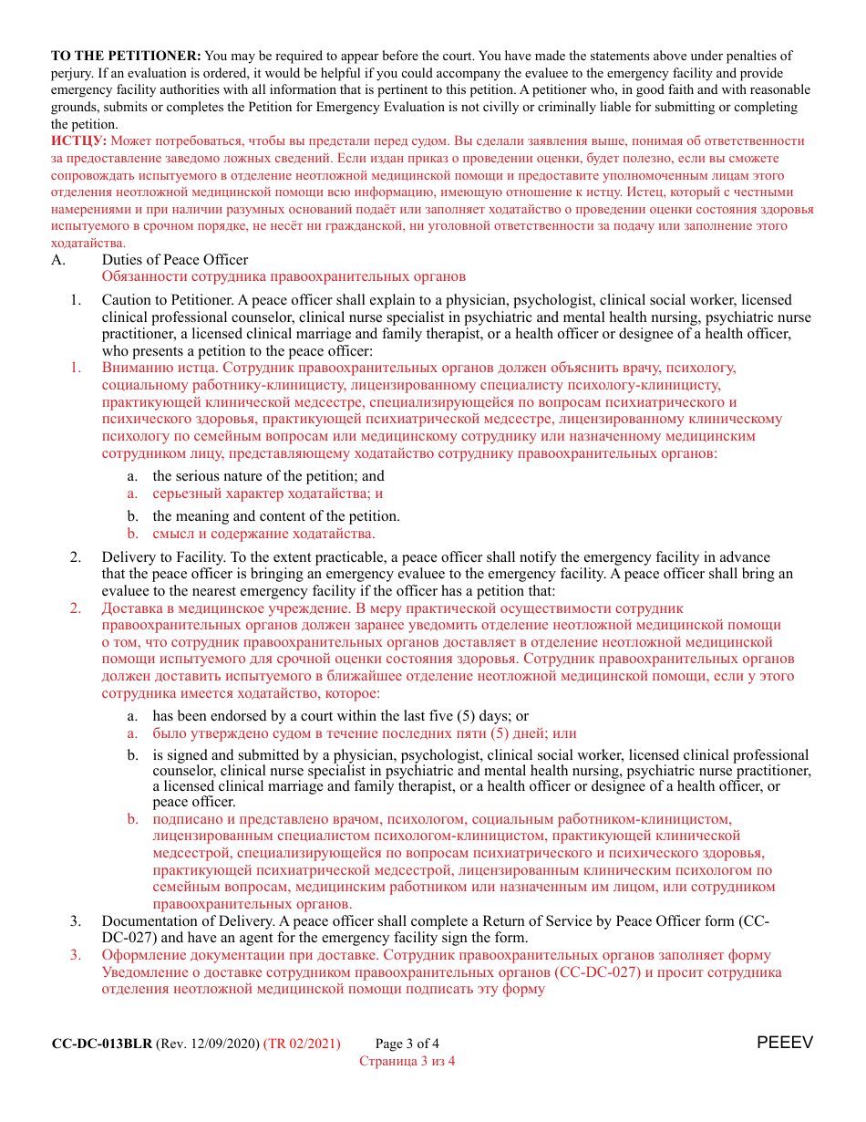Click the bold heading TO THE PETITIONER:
pyautogui.click(x=126, y=57)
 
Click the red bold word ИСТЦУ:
pyautogui.click(x=79, y=141)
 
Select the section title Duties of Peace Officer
pyautogui.click(x=175, y=260)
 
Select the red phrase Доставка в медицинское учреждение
pyautogui.click(x=225, y=608)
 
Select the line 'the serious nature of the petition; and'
pyautogui.click(x=268, y=476)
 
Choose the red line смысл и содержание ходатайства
pyautogui.click(x=263, y=534)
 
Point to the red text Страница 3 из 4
pyautogui.click(x=407, y=1061)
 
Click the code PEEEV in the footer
pyautogui.click(x=784, y=1043)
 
